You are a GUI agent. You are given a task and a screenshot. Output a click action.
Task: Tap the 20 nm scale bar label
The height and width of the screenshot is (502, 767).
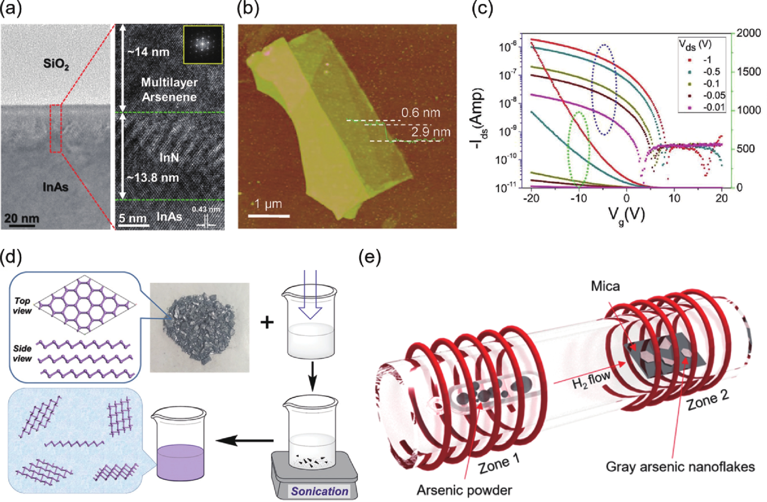tap(22, 218)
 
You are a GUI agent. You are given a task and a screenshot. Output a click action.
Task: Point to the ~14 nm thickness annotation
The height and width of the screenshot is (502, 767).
tap(148, 52)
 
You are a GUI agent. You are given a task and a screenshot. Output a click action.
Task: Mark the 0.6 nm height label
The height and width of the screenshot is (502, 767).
tap(421, 113)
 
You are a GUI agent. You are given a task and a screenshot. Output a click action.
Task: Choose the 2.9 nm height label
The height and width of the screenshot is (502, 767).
tap(431, 132)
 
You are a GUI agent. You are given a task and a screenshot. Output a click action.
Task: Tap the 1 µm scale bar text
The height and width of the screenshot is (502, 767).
tap(268, 204)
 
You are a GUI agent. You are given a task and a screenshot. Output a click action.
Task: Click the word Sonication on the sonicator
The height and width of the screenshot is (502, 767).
tap(320, 491)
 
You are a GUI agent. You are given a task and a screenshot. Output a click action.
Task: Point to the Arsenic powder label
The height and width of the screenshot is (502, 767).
tap(464, 490)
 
